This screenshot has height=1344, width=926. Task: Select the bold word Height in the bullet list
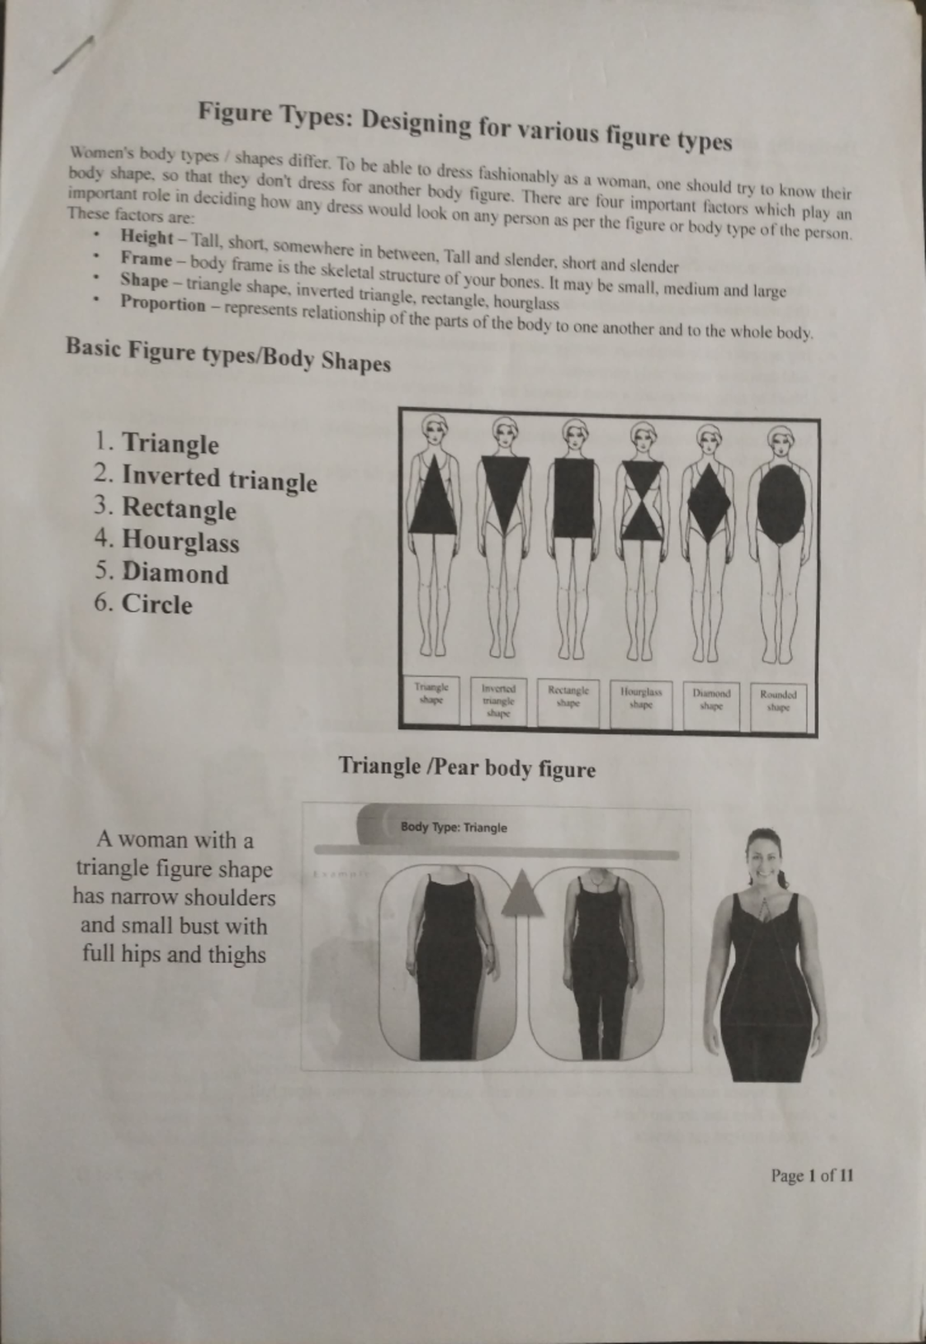(x=147, y=237)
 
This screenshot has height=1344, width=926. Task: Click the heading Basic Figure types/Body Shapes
(x=228, y=354)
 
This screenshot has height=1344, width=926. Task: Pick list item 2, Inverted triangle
(x=219, y=479)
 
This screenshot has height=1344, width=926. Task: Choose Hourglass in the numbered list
(x=181, y=541)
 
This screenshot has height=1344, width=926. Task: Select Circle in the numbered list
(x=157, y=604)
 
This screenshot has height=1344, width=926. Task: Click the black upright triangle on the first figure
(x=433, y=497)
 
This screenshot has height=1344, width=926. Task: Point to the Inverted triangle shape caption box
(x=498, y=702)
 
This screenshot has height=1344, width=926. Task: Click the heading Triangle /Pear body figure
(x=467, y=767)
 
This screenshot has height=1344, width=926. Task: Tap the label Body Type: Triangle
(x=454, y=828)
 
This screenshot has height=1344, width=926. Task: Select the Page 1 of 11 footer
(x=812, y=1176)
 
